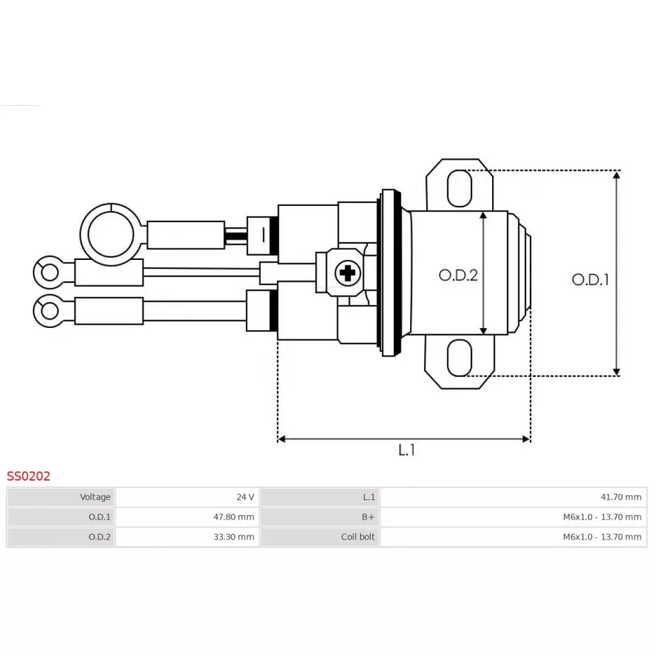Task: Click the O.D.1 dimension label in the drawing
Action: click(590, 280)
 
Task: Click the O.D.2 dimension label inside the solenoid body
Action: click(458, 276)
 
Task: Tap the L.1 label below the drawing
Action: click(407, 450)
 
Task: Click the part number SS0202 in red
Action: click(29, 476)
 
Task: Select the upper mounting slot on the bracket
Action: click(460, 188)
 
